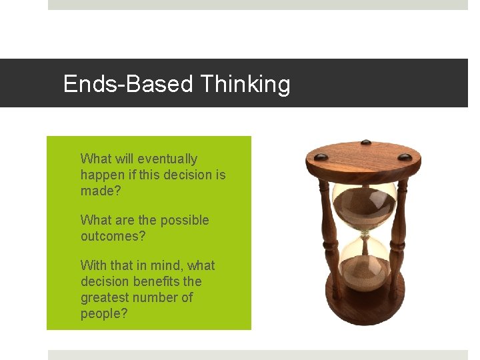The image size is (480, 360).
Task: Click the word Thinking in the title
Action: click(245, 85)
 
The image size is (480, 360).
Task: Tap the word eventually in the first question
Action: click(167, 159)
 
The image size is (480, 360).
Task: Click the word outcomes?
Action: click(113, 236)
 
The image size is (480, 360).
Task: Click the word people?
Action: click(104, 313)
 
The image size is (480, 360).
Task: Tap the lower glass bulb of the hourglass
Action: click(365, 263)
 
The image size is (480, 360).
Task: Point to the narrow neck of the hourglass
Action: click(365, 233)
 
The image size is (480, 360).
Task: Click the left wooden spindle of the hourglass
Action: click(326, 233)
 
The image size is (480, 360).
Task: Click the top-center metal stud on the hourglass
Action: click(365, 142)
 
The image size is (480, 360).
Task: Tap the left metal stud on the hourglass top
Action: click(321, 157)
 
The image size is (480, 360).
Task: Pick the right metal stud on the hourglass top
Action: click(405, 157)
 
